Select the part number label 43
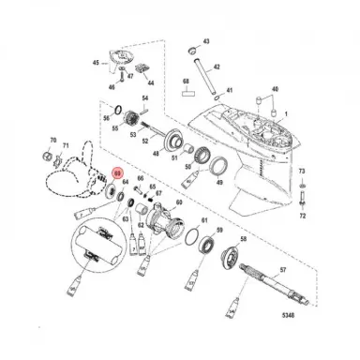[207, 43]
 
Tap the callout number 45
[95, 62]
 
